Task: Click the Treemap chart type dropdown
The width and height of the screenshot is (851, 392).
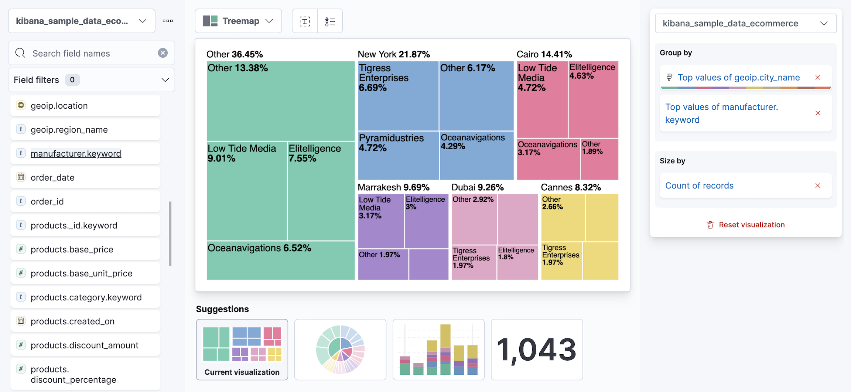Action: click(x=238, y=21)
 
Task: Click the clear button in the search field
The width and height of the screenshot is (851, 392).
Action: click(x=163, y=53)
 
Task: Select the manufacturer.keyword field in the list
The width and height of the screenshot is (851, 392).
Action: click(x=76, y=154)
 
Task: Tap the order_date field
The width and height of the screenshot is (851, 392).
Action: click(x=52, y=178)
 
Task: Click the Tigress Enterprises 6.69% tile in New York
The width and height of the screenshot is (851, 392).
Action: click(x=398, y=96)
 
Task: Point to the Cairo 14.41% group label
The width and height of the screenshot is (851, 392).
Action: click(x=544, y=54)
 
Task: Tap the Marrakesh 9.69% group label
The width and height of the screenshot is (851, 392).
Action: click(x=393, y=187)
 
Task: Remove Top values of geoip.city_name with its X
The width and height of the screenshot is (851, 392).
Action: click(x=818, y=78)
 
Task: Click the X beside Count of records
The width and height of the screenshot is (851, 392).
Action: click(x=818, y=185)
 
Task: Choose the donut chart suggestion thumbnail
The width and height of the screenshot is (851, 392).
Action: click(x=340, y=349)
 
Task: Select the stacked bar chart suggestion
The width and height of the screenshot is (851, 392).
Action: click(x=438, y=349)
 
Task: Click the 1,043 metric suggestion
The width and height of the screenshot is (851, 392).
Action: click(x=537, y=349)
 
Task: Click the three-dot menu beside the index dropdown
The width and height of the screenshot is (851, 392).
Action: click(x=168, y=21)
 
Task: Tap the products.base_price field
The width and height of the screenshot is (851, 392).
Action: click(x=72, y=249)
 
